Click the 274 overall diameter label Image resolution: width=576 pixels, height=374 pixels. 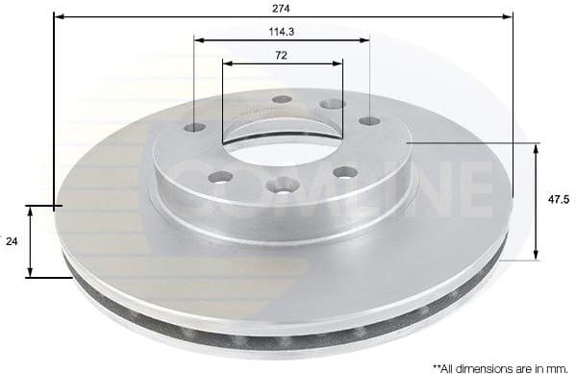(x=281, y=8)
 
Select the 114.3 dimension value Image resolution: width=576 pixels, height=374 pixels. (x=281, y=31)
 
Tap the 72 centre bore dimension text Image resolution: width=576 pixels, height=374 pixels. (x=281, y=55)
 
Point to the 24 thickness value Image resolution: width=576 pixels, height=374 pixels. (x=11, y=242)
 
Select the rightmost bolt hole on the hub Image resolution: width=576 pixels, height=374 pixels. (x=369, y=121)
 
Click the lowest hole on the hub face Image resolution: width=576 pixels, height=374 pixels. (x=281, y=186)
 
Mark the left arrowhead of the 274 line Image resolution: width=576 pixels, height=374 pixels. (x=58, y=16)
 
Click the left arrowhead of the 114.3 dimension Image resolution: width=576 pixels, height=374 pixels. (x=198, y=39)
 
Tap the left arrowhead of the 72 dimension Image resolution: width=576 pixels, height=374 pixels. (x=227, y=63)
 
